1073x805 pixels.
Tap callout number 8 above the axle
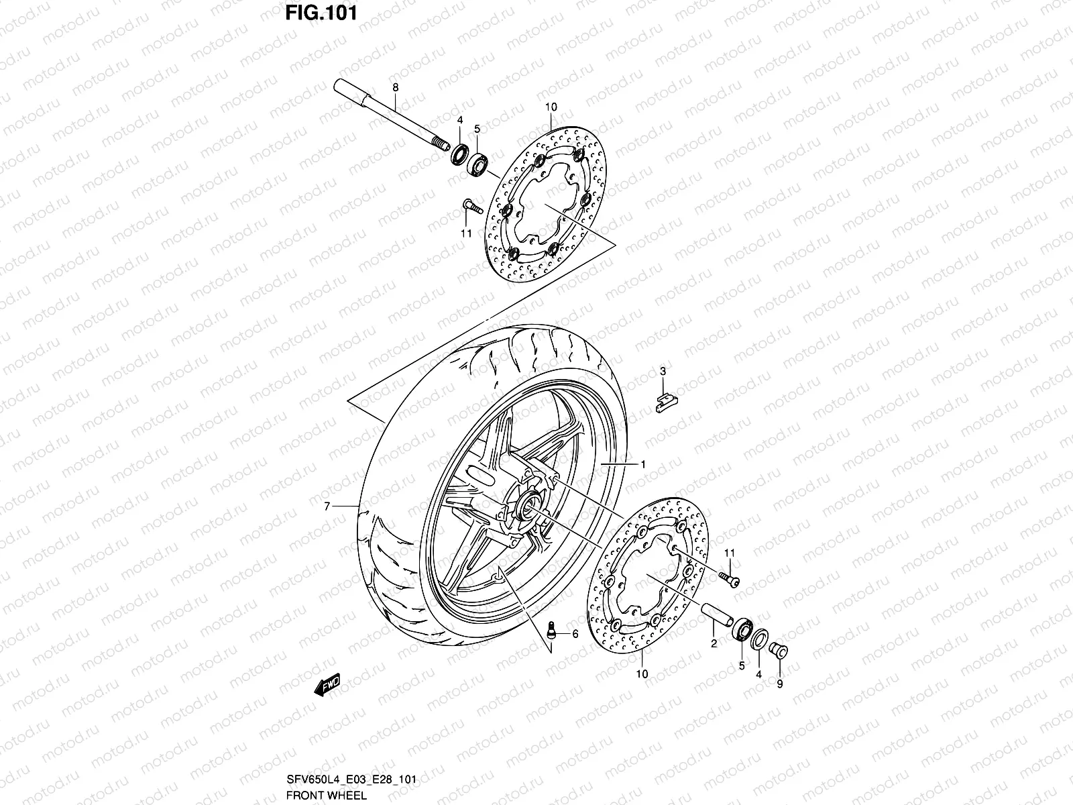[395, 88]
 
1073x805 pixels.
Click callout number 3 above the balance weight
[662, 371]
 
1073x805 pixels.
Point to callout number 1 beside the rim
[642, 464]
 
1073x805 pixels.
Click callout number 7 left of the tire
[327, 507]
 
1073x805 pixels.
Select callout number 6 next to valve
[575, 633]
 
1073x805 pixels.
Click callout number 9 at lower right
[779, 684]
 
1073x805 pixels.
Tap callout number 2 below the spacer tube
[714, 643]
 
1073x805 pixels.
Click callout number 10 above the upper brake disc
[551, 107]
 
